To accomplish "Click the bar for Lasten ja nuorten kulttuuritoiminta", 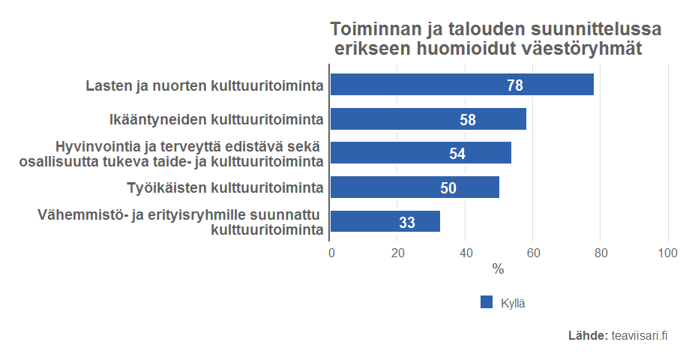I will coord(461,85).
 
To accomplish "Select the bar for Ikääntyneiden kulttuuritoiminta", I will coord(427,119).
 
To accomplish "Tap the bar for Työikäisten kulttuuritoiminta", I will coord(414,187).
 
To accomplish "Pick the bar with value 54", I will coord(421,153).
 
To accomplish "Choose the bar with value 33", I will coord(385,222).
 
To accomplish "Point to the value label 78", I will coord(515,85).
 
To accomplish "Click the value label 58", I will coord(468,120).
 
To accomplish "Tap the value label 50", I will coord(448,188).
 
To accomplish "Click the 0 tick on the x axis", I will coord(331,253).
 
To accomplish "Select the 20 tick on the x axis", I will coord(398,253).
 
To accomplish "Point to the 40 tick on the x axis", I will coord(466,253).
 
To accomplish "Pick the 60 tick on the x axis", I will coord(533,253).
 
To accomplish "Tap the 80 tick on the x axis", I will coord(601,253).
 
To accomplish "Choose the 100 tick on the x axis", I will coord(667,253).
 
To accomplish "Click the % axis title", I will coord(498,269).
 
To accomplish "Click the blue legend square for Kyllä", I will coord(487,302).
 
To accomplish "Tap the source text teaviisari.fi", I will coord(640,336).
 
